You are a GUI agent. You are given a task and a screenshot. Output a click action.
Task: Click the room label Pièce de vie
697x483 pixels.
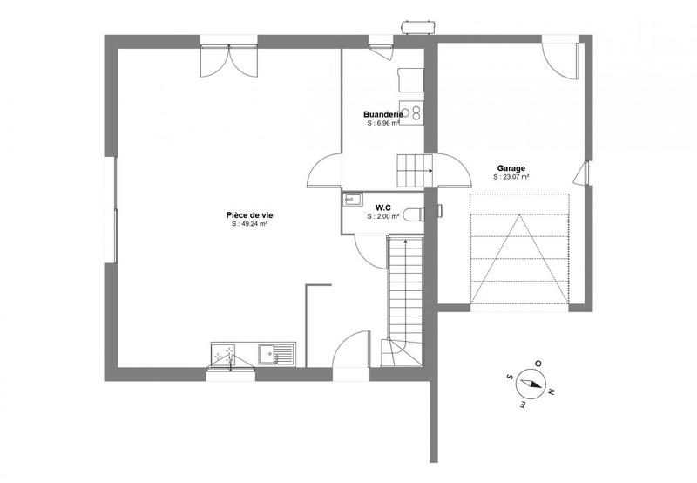pos(249,214)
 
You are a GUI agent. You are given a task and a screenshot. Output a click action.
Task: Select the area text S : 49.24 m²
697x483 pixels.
pos(249,224)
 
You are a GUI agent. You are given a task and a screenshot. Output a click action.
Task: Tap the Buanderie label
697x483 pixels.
pos(382,114)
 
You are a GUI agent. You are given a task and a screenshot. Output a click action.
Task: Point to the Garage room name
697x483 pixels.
pos(511,168)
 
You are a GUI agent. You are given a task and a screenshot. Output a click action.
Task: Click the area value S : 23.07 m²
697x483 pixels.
pos(511,177)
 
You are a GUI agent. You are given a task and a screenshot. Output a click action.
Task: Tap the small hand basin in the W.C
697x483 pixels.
pos(350,200)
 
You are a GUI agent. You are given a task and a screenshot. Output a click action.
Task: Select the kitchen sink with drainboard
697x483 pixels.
pos(277,354)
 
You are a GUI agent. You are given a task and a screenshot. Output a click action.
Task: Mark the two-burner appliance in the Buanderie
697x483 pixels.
pos(416,112)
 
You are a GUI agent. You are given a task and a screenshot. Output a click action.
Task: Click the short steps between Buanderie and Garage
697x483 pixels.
pos(415,169)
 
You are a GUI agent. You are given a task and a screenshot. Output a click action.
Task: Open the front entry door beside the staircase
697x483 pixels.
pos(353,353)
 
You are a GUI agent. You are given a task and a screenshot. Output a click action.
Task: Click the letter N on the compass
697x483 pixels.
pos(551,391)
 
